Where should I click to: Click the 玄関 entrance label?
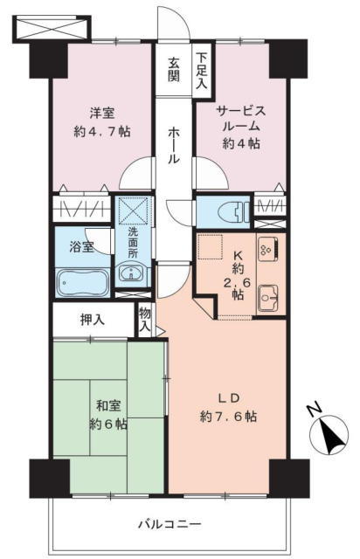point(174,70)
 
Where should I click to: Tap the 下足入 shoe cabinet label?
point(202,70)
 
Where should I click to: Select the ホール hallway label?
point(174,146)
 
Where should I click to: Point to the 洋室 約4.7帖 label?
point(102,123)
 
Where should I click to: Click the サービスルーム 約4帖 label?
point(241,128)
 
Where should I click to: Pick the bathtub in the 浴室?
point(83,282)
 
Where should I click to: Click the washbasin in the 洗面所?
point(131,273)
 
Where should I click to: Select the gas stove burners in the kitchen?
point(268,248)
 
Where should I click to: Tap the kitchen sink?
point(268,298)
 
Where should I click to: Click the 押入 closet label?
point(93,320)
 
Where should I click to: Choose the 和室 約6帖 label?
point(108,415)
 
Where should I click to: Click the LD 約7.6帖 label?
point(228,408)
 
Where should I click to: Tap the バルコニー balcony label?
point(170,524)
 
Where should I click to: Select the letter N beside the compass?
point(315,411)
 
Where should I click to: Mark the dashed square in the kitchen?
point(211,246)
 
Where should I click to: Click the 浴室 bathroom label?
point(82,246)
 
